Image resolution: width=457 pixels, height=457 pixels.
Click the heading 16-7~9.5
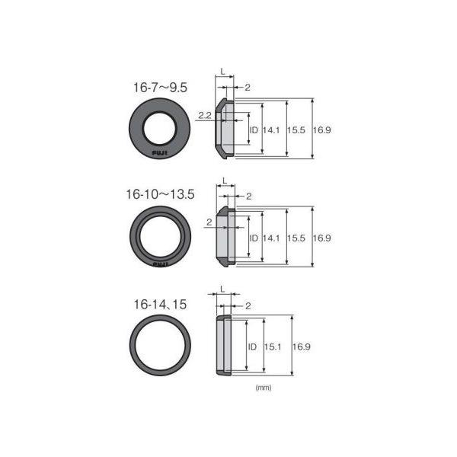(160, 88)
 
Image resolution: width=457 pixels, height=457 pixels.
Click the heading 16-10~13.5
(160, 194)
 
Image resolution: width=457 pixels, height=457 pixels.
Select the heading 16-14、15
(160, 305)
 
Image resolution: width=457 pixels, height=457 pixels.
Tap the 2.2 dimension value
(205, 115)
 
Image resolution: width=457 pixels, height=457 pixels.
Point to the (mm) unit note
(264, 388)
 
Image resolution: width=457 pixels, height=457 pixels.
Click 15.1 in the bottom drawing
(273, 347)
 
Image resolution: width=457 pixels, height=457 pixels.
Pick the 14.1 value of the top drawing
(271, 130)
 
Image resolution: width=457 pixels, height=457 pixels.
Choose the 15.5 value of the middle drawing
(296, 238)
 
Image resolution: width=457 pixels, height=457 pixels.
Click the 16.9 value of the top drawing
(321, 130)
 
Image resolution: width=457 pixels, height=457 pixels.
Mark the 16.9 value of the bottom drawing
(302, 347)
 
